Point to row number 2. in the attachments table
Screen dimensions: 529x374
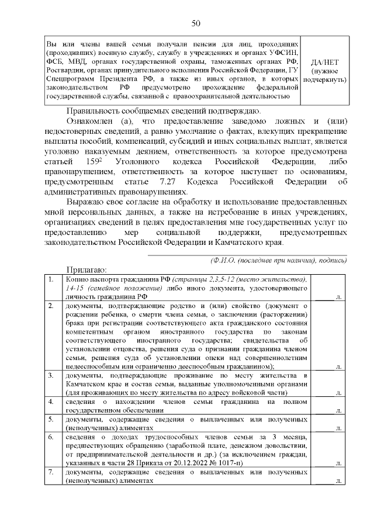52,306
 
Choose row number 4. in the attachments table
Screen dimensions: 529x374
52,402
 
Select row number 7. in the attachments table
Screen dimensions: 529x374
52,472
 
